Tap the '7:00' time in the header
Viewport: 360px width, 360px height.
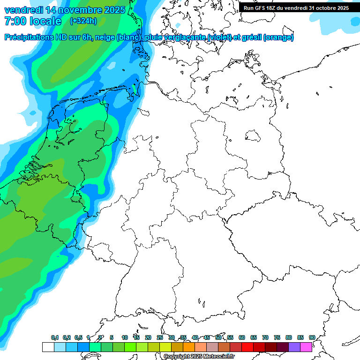point(15,21)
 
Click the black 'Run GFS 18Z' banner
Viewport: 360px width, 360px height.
point(296,8)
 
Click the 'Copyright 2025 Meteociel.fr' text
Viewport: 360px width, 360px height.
point(199,357)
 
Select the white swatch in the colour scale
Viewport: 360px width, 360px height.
point(48,347)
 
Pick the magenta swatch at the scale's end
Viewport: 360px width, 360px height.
point(306,347)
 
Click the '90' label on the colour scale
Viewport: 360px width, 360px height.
point(312,337)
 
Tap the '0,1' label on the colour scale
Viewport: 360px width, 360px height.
point(55,337)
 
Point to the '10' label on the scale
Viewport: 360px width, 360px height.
point(125,337)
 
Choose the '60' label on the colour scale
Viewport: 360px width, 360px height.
point(242,337)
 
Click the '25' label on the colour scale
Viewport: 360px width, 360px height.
point(160,337)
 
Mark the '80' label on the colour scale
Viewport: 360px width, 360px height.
point(289,337)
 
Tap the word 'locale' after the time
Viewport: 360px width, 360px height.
point(45,21)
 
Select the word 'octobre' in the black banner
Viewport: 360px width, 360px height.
point(327,8)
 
